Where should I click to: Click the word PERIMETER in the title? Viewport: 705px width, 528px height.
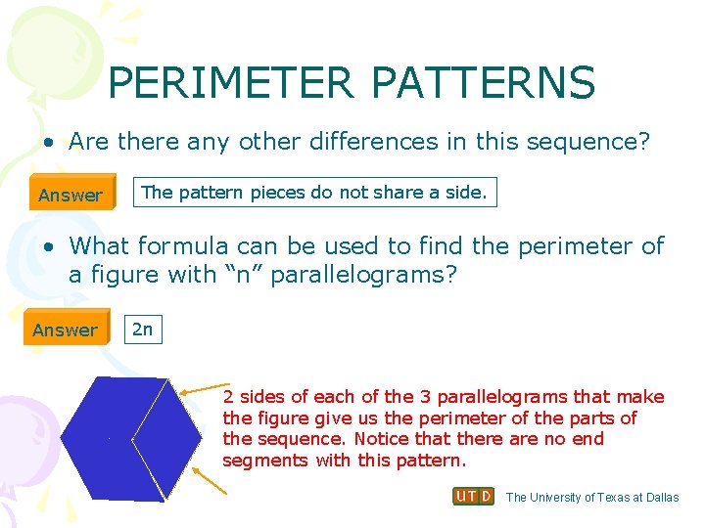coord(231,83)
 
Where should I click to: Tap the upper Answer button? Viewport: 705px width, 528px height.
coord(70,195)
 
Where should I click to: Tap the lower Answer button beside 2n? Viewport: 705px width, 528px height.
coord(65,330)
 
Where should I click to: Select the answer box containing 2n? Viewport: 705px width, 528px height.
coord(143,330)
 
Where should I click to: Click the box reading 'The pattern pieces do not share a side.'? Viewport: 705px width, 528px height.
coord(314,193)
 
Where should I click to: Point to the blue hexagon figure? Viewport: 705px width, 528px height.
coord(127,435)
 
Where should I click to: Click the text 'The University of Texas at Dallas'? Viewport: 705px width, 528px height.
coord(592,498)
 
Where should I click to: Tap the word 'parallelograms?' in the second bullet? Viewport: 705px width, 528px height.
coord(364,275)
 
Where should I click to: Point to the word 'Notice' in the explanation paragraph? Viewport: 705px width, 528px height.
coord(382,439)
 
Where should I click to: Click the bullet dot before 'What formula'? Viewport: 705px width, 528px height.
coord(48,246)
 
